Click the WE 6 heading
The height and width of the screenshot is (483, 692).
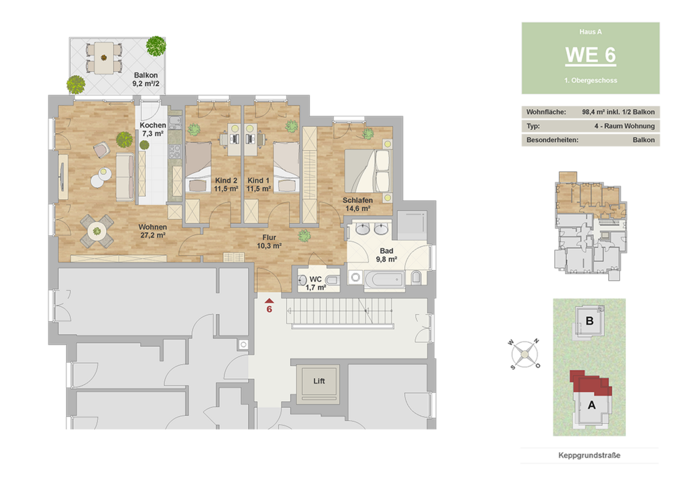(x=591, y=55)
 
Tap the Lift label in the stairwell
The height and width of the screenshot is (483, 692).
(x=319, y=381)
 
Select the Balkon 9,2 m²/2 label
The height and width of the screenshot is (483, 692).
(x=146, y=80)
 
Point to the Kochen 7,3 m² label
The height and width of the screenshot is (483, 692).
(x=153, y=129)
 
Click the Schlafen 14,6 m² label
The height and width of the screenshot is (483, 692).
(x=357, y=204)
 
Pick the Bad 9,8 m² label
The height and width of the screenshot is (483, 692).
(x=386, y=255)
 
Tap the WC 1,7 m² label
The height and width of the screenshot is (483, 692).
(x=316, y=283)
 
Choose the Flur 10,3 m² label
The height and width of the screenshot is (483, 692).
(x=269, y=241)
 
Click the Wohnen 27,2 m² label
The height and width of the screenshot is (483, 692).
(x=153, y=231)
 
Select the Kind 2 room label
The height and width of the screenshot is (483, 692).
(x=226, y=185)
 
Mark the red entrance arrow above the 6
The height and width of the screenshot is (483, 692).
(x=269, y=300)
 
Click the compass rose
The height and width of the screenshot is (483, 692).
(x=524, y=354)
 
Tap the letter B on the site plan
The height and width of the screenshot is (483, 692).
(x=589, y=321)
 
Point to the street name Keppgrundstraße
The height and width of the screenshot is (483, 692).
(x=589, y=455)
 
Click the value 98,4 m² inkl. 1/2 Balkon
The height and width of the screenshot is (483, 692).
(x=618, y=112)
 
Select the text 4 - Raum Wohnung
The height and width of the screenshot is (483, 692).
(x=624, y=126)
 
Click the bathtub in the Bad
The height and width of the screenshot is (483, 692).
(x=385, y=279)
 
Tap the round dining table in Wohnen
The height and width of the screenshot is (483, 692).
(x=97, y=231)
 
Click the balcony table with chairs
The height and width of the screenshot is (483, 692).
(x=103, y=58)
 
